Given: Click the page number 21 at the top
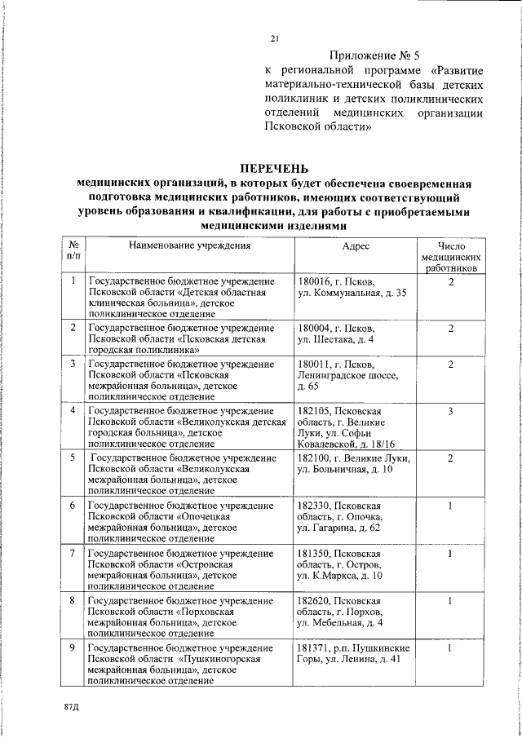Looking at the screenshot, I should click(275, 38).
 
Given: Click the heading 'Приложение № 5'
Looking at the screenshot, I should click(374, 56).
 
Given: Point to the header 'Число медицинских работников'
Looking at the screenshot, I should click(450, 255).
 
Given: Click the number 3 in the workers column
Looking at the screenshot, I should click(450, 411).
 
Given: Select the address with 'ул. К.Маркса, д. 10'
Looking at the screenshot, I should click(339, 576).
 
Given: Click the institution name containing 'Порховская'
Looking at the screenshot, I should click(187, 616).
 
